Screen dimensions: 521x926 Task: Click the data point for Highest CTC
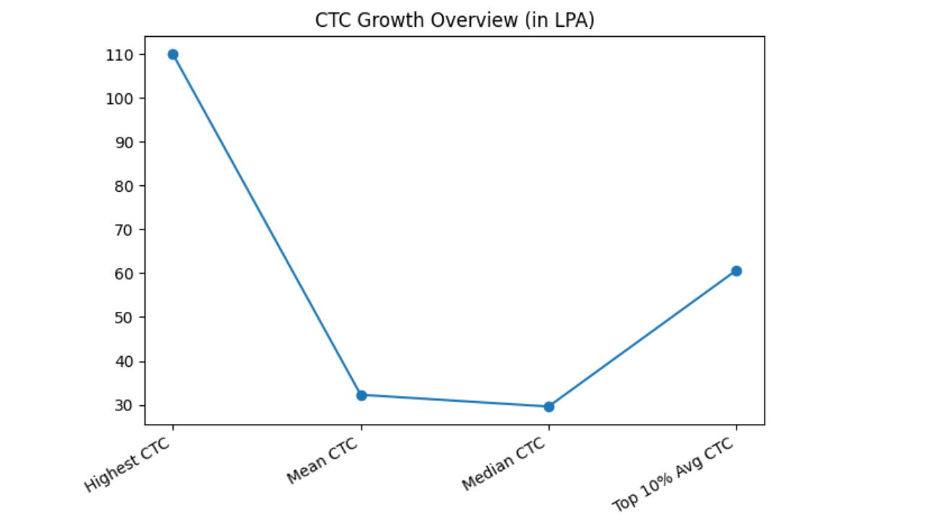[x=173, y=54]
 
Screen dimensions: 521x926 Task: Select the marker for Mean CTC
[x=361, y=395]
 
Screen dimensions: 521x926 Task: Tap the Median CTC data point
[x=548, y=407]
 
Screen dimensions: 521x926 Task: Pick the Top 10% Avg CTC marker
[x=736, y=271]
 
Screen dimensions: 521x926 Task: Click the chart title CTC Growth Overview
[x=454, y=20]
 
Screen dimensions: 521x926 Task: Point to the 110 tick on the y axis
[x=119, y=55]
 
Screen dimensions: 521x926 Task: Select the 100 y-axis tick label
[x=119, y=98]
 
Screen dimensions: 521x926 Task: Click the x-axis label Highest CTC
[x=129, y=465]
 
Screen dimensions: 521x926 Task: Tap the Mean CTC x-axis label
[x=323, y=460]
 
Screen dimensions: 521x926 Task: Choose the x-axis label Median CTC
[x=504, y=464]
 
